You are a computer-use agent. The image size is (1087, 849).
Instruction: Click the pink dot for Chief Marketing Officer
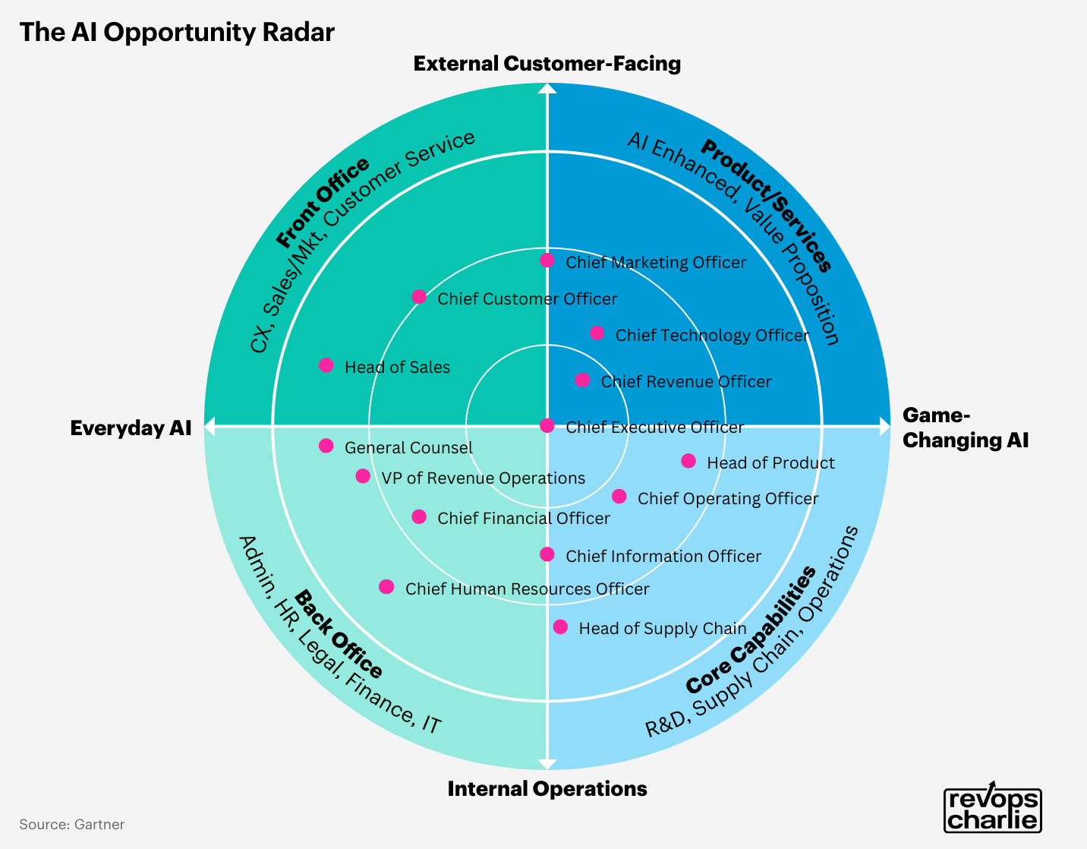(547, 260)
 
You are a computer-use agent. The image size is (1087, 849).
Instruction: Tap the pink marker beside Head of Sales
(326, 365)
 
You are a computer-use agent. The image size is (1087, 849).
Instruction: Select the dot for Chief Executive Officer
(547, 426)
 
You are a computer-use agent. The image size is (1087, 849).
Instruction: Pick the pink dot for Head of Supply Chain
(560, 627)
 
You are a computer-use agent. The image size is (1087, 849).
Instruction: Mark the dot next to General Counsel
(326, 446)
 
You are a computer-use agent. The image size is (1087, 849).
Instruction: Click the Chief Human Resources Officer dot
(386, 587)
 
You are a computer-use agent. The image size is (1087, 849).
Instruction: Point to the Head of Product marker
(688, 461)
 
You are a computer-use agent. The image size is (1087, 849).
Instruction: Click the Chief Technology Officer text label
(712, 336)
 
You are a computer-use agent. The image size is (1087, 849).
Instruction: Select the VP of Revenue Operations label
(483, 478)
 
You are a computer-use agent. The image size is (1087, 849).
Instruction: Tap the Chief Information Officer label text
(663, 557)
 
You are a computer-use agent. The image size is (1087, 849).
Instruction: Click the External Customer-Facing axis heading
(547, 64)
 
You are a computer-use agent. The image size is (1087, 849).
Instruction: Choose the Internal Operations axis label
(547, 789)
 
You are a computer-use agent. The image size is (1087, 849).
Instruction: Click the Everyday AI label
(131, 428)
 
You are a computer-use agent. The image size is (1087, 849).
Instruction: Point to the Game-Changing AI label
(965, 428)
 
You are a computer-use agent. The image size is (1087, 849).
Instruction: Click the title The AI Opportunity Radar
(177, 33)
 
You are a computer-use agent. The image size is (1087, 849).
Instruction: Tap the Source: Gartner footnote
(72, 825)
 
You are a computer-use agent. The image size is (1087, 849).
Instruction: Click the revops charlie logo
(993, 810)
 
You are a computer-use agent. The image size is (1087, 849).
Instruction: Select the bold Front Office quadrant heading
(323, 203)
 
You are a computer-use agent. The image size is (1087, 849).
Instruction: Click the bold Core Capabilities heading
(751, 630)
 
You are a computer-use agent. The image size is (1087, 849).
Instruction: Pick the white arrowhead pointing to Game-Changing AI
(884, 426)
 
